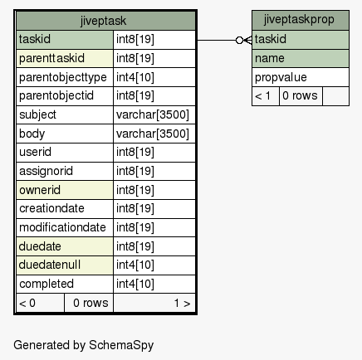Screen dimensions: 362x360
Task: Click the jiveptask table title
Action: point(103,21)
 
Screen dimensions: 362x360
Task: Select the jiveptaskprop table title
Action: point(299,20)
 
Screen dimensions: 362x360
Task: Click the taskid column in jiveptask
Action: point(35,39)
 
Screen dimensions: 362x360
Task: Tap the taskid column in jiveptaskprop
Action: point(271,39)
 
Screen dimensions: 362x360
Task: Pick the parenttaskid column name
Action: point(51,58)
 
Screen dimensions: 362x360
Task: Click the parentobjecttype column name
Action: point(63,77)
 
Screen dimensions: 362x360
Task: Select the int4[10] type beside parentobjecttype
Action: point(135,77)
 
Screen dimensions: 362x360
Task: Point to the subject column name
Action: point(37,114)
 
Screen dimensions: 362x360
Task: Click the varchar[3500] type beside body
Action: point(153,134)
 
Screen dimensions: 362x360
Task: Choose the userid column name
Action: point(35,152)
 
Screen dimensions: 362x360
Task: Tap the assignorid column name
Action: point(46,171)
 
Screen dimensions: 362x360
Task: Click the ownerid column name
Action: point(40,190)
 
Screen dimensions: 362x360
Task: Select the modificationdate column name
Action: point(62,227)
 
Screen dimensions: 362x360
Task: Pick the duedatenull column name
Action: point(50,265)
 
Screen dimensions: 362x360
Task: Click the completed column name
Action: point(46,284)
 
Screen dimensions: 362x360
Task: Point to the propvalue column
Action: point(281,78)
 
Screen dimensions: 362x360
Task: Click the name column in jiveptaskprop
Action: point(270,59)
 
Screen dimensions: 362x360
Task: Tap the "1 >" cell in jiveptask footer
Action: point(182,304)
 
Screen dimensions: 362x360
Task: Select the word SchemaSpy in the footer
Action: point(121,345)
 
